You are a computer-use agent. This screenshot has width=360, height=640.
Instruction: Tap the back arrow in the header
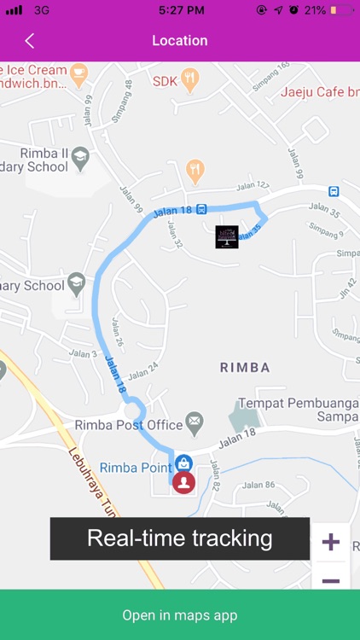[30, 41]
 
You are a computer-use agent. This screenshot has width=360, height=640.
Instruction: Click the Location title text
[179, 41]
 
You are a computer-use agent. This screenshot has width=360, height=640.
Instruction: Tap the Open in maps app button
[179, 614]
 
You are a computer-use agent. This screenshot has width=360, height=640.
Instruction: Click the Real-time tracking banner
[179, 538]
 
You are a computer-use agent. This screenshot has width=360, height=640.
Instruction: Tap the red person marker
[183, 482]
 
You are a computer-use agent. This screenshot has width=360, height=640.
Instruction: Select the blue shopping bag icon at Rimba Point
[183, 463]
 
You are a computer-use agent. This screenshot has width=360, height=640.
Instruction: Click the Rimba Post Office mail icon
[195, 421]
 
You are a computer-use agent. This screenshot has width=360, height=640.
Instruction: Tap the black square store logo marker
[227, 237]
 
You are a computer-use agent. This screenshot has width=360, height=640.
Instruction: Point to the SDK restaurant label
[164, 82]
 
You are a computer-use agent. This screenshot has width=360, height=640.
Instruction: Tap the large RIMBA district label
[245, 368]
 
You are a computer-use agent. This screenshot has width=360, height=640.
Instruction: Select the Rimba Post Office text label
[129, 425]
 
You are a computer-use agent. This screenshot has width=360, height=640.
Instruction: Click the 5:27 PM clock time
[181, 10]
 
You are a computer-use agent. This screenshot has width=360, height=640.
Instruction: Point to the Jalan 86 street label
[258, 485]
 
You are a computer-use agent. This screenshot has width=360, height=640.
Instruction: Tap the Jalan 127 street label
[253, 185]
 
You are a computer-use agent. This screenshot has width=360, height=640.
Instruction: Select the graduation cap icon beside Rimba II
[80, 156]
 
